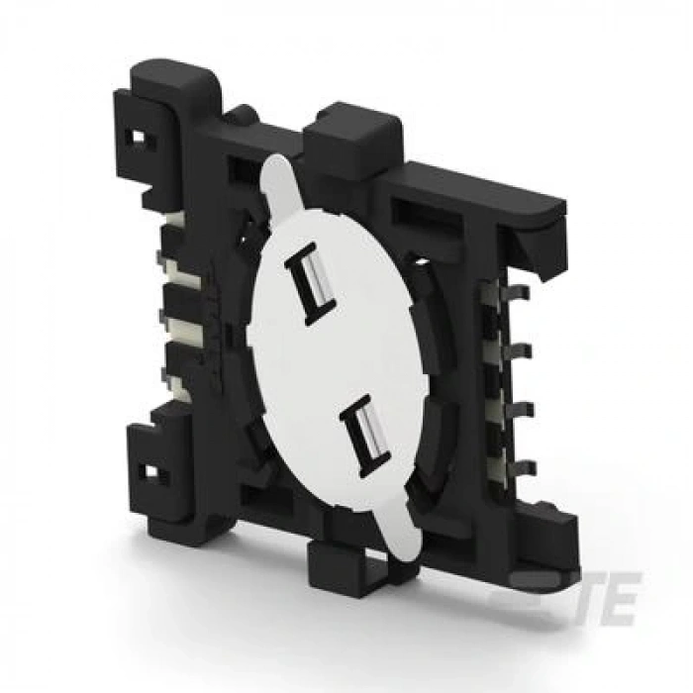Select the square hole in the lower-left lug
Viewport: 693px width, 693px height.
(x=150, y=471)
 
